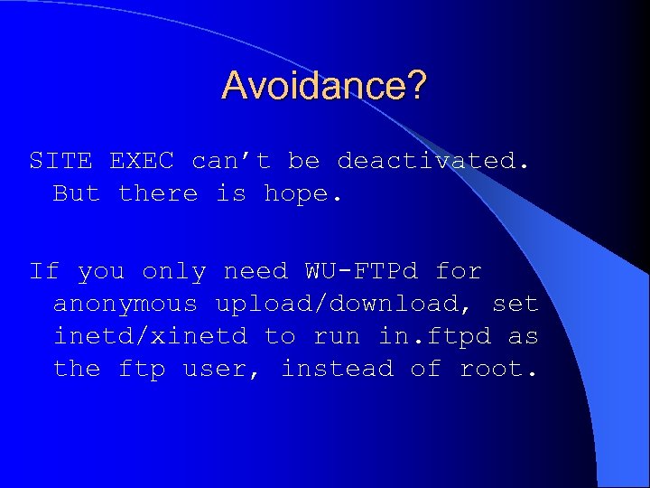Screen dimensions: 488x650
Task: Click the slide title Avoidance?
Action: [x=324, y=86]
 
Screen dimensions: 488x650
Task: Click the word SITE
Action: [x=60, y=161]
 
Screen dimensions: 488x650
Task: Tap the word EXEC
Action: [x=142, y=161]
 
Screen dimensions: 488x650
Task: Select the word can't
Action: [x=231, y=161]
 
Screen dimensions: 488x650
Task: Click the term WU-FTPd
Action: [x=361, y=271]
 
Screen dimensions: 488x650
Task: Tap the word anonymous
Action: [x=125, y=305]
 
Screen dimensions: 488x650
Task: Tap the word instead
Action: [x=337, y=370]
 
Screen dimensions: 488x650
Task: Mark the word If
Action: [x=44, y=271]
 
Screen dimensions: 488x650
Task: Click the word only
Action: [x=174, y=271]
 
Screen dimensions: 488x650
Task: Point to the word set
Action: [x=515, y=305]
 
